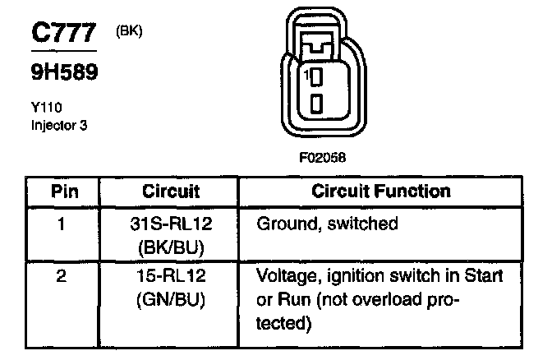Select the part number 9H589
coord(65,73)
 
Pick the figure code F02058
coord(318,157)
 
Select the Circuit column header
coord(171,192)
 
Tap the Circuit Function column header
coord(381,192)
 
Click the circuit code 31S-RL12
coord(172,224)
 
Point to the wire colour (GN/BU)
coord(172,300)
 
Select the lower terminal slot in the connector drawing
coord(316,104)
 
